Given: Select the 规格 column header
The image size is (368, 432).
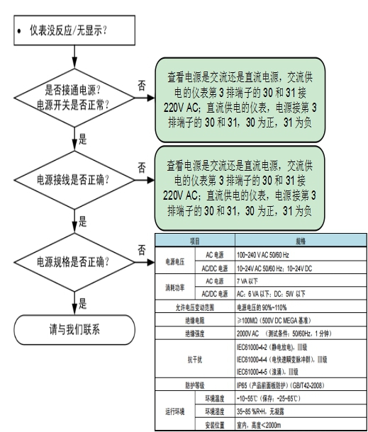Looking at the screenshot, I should click(x=297, y=241).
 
